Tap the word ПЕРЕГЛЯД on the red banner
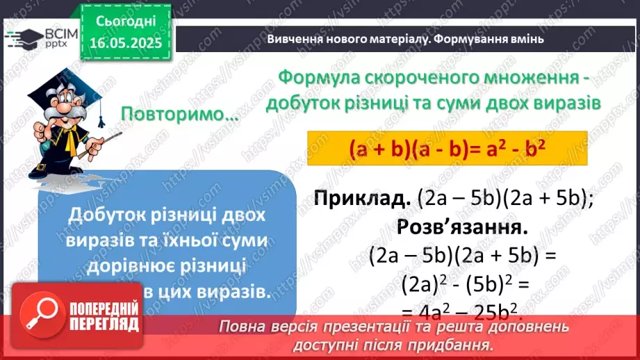pyautogui.click(x=104, y=324)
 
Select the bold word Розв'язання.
pyautogui.click(x=460, y=227)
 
